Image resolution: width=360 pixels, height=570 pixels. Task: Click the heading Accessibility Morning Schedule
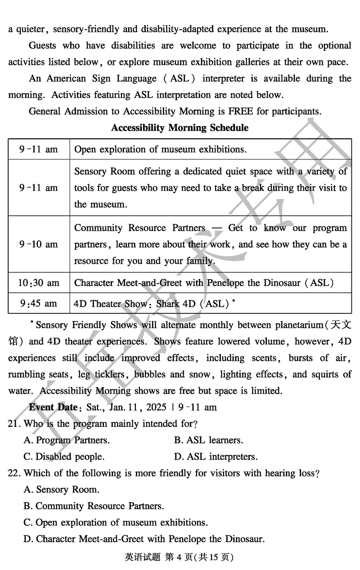pyautogui.click(x=180, y=128)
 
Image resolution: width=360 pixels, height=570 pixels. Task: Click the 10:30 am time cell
pyautogui.click(x=38, y=283)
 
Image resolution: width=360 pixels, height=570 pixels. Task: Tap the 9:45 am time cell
pyautogui.click(x=38, y=303)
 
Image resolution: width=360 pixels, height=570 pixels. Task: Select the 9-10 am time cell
pyautogui.click(x=38, y=244)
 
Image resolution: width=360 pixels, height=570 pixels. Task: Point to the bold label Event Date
pyautogui.click(x=53, y=407)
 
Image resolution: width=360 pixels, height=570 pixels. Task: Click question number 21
pyautogui.click(x=14, y=424)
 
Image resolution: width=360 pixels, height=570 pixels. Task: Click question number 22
pyautogui.click(x=14, y=473)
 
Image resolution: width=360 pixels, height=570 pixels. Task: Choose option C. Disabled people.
pyautogui.click(x=64, y=457)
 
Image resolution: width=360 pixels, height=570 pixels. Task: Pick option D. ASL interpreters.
pyautogui.click(x=216, y=457)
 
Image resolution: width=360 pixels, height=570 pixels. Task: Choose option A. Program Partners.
pyautogui.click(x=67, y=440)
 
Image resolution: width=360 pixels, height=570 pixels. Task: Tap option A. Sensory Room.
pyautogui.click(x=61, y=489)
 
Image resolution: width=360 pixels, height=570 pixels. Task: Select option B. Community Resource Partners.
pyautogui.click(x=94, y=506)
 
